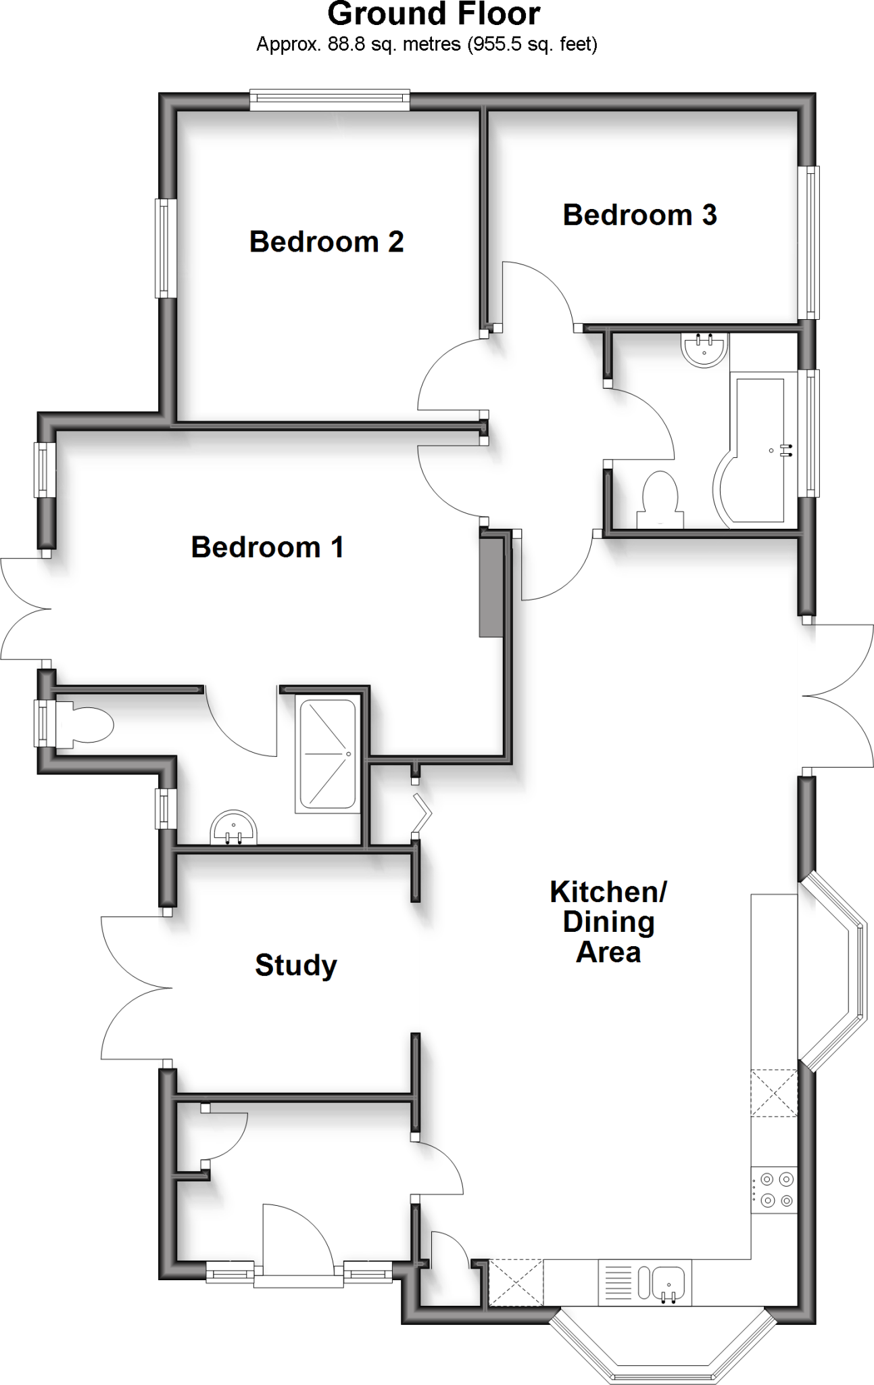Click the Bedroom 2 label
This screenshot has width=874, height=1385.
[x=326, y=242]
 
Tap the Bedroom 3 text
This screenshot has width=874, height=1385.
[x=639, y=215]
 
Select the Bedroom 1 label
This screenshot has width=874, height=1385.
[x=268, y=547]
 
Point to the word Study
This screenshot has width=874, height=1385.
[x=295, y=965]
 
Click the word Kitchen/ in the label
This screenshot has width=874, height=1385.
[x=608, y=892]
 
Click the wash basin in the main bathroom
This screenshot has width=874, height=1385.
[x=705, y=350]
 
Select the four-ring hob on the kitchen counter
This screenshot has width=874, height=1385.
[x=775, y=1190]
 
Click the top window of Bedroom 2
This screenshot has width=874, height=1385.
[x=330, y=101]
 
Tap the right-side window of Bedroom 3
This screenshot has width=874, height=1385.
[x=809, y=242]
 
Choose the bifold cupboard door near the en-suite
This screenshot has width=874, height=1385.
[x=422, y=809]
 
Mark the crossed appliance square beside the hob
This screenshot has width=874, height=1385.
[x=774, y=1092]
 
